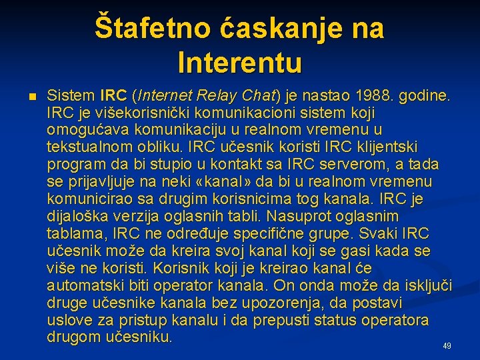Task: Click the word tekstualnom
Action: pyautogui.click(x=90, y=147)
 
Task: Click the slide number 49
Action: pyautogui.click(x=447, y=346)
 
